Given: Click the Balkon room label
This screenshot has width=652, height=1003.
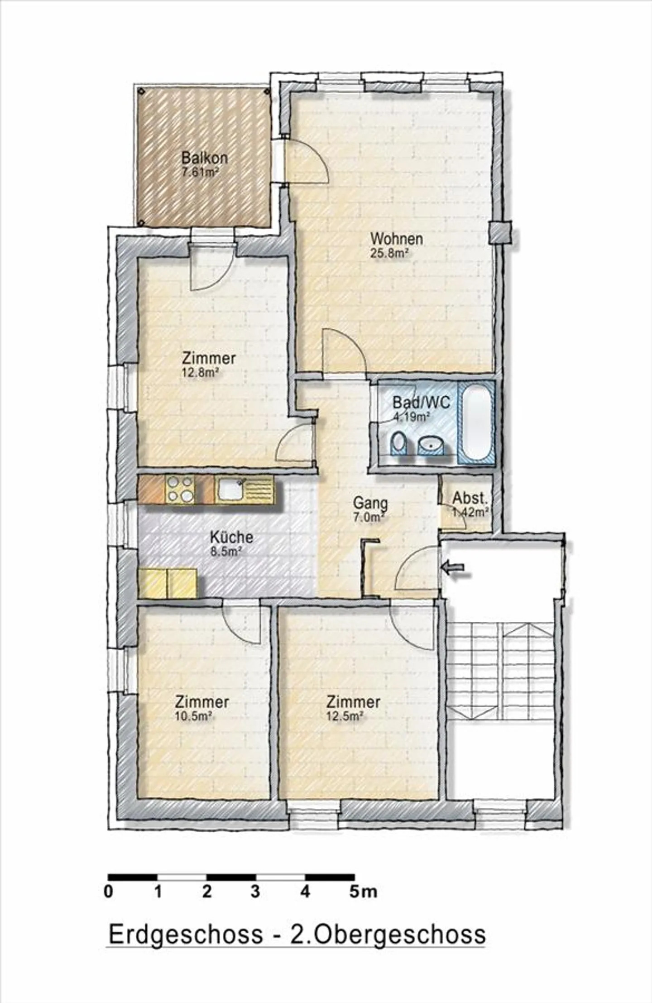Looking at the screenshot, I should [x=204, y=158].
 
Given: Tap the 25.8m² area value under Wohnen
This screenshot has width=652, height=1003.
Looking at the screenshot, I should [x=390, y=253].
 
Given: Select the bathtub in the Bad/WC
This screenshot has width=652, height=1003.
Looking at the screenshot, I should [x=476, y=422].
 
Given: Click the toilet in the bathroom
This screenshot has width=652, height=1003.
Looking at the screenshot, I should [x=398, y=443].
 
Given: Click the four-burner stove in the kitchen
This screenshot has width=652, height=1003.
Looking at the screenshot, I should [x=180, y=489].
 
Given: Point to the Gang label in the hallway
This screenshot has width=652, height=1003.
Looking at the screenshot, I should [x=370, y=503].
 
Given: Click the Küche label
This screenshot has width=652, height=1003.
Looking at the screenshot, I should [x=231, y=537].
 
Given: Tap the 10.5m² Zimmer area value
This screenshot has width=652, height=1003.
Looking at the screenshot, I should [x=194, y=716].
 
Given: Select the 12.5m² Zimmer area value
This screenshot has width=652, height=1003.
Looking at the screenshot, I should [x=345, y=716].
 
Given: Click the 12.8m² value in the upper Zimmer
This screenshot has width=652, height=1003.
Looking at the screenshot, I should [x=201, y=372].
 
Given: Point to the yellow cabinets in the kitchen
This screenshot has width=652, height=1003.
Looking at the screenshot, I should [x=168, y=583].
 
